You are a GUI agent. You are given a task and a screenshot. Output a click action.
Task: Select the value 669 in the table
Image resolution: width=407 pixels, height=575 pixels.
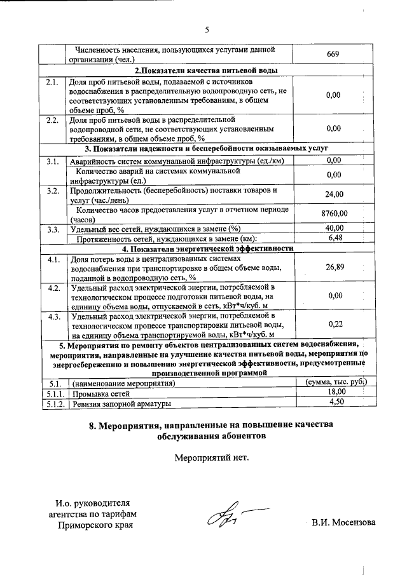pos(333,55)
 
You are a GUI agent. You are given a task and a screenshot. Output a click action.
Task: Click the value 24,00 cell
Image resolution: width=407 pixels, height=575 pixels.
pos(334,194)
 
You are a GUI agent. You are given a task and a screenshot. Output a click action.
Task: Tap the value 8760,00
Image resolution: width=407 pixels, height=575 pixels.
pos(334,214)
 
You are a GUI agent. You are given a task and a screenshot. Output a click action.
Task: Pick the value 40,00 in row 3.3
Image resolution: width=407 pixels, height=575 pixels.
pos(334,228)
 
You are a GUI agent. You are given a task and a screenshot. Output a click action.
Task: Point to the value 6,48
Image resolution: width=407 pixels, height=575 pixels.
pos(334,238)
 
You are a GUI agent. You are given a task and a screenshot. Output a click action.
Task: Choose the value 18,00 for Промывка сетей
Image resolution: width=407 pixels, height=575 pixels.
pos(334,393)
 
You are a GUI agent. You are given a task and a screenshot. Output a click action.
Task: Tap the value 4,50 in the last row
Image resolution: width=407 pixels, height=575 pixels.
pos(334,403)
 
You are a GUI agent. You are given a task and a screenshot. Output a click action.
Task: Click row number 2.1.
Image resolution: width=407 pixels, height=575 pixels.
pos(52,83)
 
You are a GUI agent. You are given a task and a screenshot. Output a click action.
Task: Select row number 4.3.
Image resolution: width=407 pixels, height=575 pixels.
pos(53,316)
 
